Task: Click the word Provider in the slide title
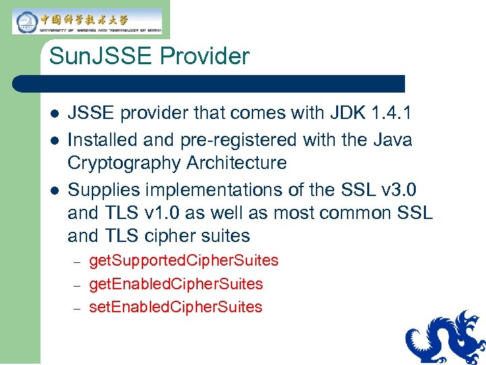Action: pyautogui.click(x=205, y=56)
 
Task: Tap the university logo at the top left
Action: pyautogui.click(x=86, y=21)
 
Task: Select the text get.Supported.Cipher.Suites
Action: pyautogui.click(x=184, y=261)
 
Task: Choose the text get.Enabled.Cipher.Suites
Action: pyautogui.click(x=175, y=284)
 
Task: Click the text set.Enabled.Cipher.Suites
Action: pyautogui.click(x=175, y=307)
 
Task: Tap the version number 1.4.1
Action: pyautogui.click(x=392, y=112)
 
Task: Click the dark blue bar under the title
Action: pyautogui.click(x=209, y=84)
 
